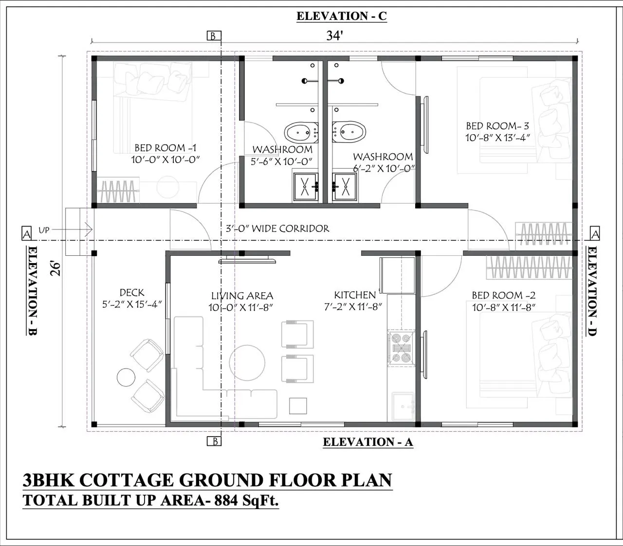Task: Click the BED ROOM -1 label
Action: tap(165, 148)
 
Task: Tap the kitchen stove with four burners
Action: tap(401, 348)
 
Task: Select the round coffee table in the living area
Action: tap(247, 363)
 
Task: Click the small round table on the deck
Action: tap(126, 377)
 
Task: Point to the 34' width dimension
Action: tap(334, 36)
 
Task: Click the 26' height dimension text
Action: tap(55, 269)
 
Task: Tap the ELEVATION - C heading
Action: tap(342, 16)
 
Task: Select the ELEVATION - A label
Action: tap(368, 442)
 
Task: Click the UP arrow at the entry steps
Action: tap(72, 229)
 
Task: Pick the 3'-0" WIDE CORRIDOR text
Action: tap(277, 229)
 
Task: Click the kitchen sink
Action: tap(403, 406)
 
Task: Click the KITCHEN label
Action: tap(355, 295)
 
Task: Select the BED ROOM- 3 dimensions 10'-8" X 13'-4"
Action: tap(497, 138)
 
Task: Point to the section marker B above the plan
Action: tap(214, 36)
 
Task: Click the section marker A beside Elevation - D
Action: tap(595, 233)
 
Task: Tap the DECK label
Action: tap(131, 293)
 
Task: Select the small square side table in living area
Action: tap(298, 406)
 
